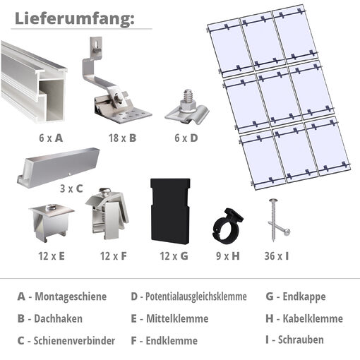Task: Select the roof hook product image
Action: click(119, 88)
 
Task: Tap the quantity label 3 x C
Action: click(71, 189)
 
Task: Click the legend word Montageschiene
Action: click(71, 296)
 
